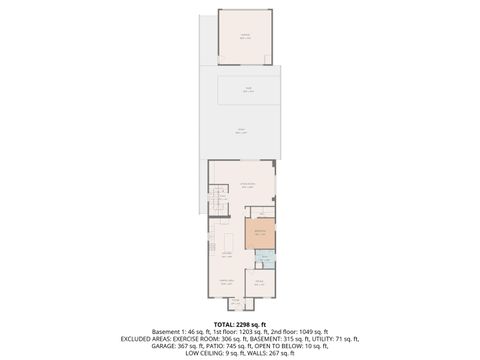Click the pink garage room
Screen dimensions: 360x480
[x=244, y=37]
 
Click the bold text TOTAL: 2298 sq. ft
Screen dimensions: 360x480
[x=240, y=324]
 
